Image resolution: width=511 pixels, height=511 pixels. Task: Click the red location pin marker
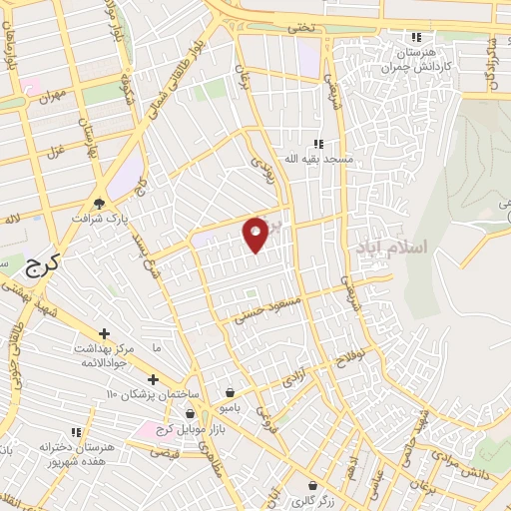click(256, 234)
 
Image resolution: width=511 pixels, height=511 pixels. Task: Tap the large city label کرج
click(41, 263)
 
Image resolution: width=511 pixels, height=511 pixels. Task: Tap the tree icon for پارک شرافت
click(99, 200)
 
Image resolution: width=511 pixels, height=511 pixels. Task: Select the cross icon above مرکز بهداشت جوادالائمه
click(104, 333)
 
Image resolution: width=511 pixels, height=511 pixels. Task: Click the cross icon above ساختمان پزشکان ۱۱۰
click(152, 379)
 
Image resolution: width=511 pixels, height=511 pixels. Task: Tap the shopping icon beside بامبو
click(231, 392)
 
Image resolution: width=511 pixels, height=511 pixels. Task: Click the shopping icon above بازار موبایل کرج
click(189, 411)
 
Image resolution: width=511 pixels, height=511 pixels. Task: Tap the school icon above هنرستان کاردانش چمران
click(416, 37)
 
